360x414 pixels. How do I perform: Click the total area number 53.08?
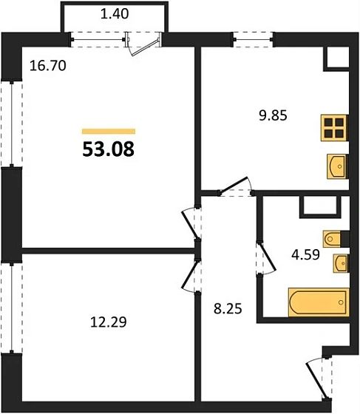pyautogui.click(x=108, y=151)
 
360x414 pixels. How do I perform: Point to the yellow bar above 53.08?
pyautogui.click(x=108, y=131)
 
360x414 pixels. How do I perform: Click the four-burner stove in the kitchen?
pyautogui.click(x=335, y=128)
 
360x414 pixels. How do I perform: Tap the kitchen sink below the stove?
pyautogui.click(x=336, y=166)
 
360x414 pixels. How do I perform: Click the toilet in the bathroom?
pyautogui.click(x=333, y=239)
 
